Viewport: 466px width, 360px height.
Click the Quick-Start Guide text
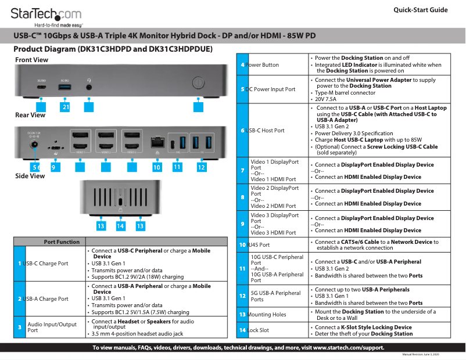click(x=420, y=10)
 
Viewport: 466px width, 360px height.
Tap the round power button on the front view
click(x=198, y=82)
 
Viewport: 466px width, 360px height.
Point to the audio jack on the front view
click(x=89, y=86)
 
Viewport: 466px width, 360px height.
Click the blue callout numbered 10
click(x=157, y=167)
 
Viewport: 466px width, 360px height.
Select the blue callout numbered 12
click(x=201, y=167)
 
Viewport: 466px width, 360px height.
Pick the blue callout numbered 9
click(x=54, y=167)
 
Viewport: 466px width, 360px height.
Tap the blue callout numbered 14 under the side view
click(x=120, y=225)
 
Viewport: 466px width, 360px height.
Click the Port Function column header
click(x=62, y=242)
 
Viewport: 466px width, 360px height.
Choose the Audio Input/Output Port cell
click(x=52, y=327)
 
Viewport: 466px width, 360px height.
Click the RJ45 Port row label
click(x=259, y=245)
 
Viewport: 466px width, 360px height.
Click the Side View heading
click(x=30, y=176)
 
